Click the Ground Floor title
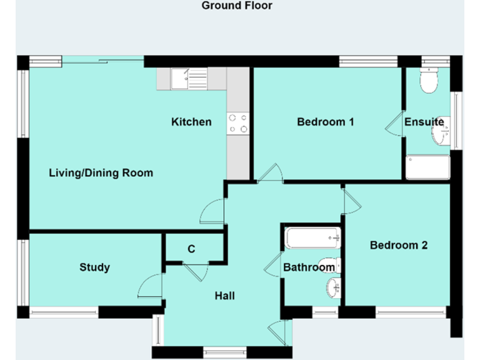tap(237, 6)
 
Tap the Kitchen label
tap(191, 122)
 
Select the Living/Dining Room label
tap(101, 173)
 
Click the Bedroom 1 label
tap(325, 122)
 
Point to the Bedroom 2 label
tap(398, 245)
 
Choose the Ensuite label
tap(424, 122)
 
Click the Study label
tap(94, 267)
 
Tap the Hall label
tap(224, 295)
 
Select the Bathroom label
tap(309, 267)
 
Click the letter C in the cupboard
tap(191, 249)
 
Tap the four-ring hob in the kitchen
tap(237, 123)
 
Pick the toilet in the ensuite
tap(429, 82)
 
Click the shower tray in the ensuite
tap(427, 167)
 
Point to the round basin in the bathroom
tap(332, 288)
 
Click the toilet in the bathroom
tap(329, 264)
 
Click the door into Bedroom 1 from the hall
tap(271, 173)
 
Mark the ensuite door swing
tap(394, 124)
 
